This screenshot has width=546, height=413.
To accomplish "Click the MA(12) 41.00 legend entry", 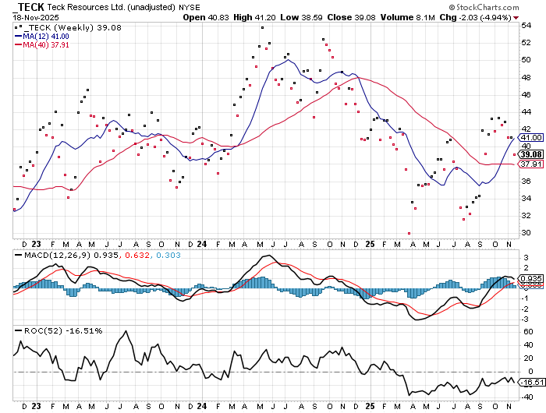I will [x=44, y=37].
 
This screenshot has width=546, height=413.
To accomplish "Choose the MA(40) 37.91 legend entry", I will [x=44, y=45].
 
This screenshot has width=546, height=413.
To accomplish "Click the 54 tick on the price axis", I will [x=526, y=25].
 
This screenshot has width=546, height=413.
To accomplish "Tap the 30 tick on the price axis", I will [x=526, y=233].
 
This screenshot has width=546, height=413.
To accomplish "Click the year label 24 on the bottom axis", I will [x=202, y=406].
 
